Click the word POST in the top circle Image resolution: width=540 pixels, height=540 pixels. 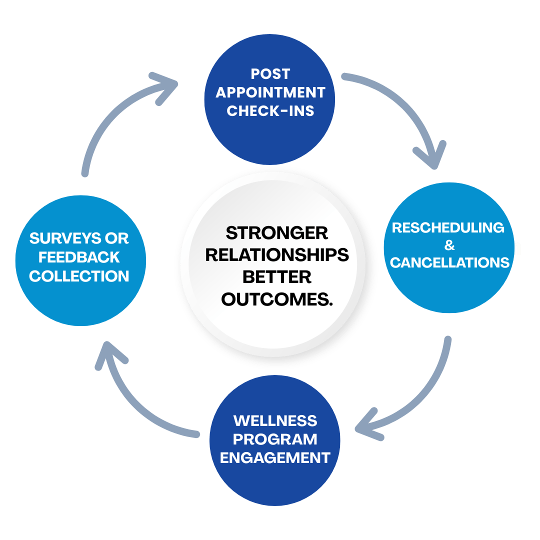pyautogui.click(x=270, y=74)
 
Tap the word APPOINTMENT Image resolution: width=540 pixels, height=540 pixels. pyautogui.click(x=270, y=92)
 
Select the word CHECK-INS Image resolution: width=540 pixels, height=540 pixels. pyautogui.click(x=270, y=111)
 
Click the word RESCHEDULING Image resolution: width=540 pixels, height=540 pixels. pyautogui.click(x=448, y=227)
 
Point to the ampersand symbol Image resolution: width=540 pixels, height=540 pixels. pyautogui.click(x=449, y=245)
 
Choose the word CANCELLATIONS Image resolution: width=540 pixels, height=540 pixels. pyautogui.click(x=449, y=262)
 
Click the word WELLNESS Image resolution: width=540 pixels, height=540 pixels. pyautogui.click(x=275, y=420)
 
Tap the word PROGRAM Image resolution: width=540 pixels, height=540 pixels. pyautogui.click(x=275, y=439)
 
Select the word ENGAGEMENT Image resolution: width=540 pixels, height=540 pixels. pyautogui.click(x=275, y=457)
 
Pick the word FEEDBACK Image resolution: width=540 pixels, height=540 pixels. pyautogui.click(x=79, y=257)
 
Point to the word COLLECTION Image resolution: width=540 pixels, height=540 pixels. pyautogui.click(x=79, y=276)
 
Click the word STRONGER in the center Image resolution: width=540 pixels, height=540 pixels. pyautogui.click(x=276, y=232)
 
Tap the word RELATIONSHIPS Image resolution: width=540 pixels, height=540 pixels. pyautogui.click(x=276, y=254)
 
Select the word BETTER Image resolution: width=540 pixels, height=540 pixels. pyautogui.click(x=276, y=276)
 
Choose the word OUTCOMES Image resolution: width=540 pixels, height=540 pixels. pyautogui.click(x=276, y=299)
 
